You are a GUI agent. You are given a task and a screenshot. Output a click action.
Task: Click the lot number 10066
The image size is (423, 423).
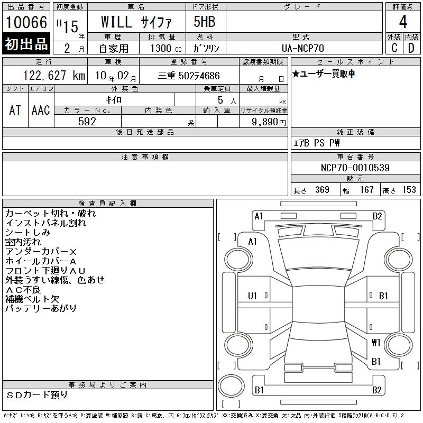[26, 22]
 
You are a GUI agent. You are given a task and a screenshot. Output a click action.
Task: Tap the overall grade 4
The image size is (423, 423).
[403, 22]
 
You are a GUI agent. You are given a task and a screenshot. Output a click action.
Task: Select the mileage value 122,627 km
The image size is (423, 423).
[54, 76]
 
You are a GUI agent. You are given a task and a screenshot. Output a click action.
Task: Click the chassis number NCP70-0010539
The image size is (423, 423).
[355, 168]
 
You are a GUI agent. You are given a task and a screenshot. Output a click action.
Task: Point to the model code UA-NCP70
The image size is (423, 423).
[302, 48]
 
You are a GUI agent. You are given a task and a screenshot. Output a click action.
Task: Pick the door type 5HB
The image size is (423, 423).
[205, 22]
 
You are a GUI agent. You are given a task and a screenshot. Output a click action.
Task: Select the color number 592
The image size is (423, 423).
[87, 122]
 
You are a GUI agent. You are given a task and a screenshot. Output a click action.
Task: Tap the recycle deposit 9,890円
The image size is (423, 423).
[269, 122]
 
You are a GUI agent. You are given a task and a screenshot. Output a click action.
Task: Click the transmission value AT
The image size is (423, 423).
[15, 110]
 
